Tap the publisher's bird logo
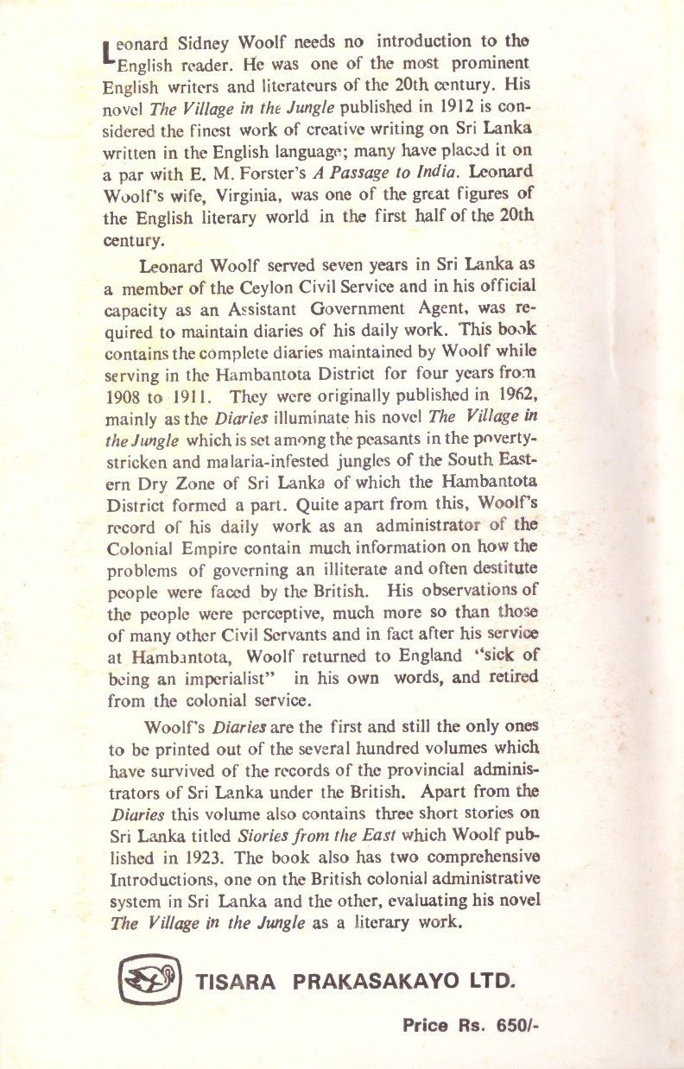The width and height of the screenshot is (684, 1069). pos(150,979)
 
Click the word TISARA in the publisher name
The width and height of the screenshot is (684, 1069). pos(237,982)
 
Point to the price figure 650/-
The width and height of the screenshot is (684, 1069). pos(518,1026)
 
